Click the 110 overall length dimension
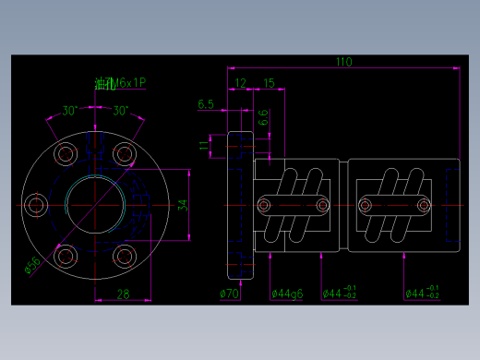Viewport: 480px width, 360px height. (343, 63)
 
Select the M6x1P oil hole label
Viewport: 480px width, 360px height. (120, 83)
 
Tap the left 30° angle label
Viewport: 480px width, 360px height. (69, 111)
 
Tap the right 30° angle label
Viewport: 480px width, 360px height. (120, 111)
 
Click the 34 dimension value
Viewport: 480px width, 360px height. (182, 204)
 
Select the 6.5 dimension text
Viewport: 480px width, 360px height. (206, 104)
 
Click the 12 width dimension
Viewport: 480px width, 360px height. (240, 83)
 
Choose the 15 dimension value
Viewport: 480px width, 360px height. (269, 83)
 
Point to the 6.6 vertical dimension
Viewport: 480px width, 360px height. (263, 117)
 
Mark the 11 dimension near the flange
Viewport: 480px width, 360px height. (205, 145)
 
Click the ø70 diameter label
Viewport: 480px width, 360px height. (230, 294)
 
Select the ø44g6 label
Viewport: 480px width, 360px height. (287, 294)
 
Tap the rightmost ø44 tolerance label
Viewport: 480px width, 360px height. (425, 294)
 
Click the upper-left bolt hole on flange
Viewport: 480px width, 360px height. (65, 153)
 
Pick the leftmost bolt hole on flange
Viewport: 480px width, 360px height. (36, 203)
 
